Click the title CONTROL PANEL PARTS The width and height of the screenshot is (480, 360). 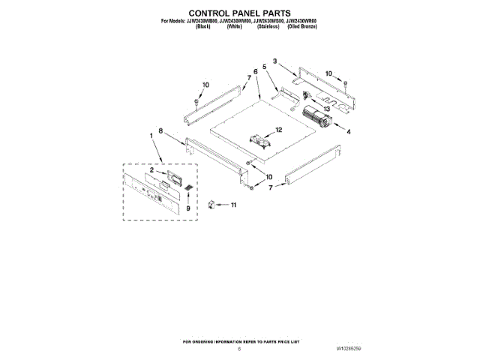[x=239, y=13]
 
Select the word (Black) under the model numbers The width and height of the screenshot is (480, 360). [x=203, y=26]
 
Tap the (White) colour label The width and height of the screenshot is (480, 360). [x=235, y=26]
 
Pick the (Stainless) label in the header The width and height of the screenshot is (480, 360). [x=268, y=26]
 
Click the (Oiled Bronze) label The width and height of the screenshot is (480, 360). [x=303, y=26]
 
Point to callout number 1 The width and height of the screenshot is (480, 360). [x=152, y=136]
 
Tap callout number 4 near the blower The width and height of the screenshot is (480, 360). [x=347, y=132]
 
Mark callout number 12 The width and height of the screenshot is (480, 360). [x=278, y=130]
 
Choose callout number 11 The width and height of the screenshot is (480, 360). [x=233, y=204]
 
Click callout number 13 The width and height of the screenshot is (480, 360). [x=327, y=109]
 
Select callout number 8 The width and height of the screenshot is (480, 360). [x=160, y=130]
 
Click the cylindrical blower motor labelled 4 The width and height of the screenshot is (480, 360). [x=316, y=118]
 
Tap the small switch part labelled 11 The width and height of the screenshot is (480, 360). [x=212, y=202]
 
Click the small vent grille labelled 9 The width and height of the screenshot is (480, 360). [x=189, y=187]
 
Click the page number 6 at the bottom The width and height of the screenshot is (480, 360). [x=239, y=349]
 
